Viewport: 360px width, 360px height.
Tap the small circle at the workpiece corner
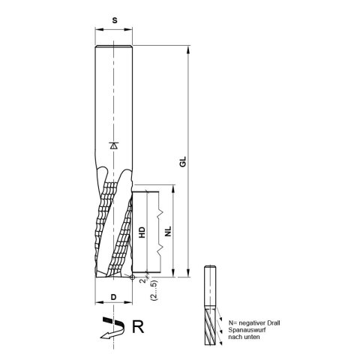[132, 277]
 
